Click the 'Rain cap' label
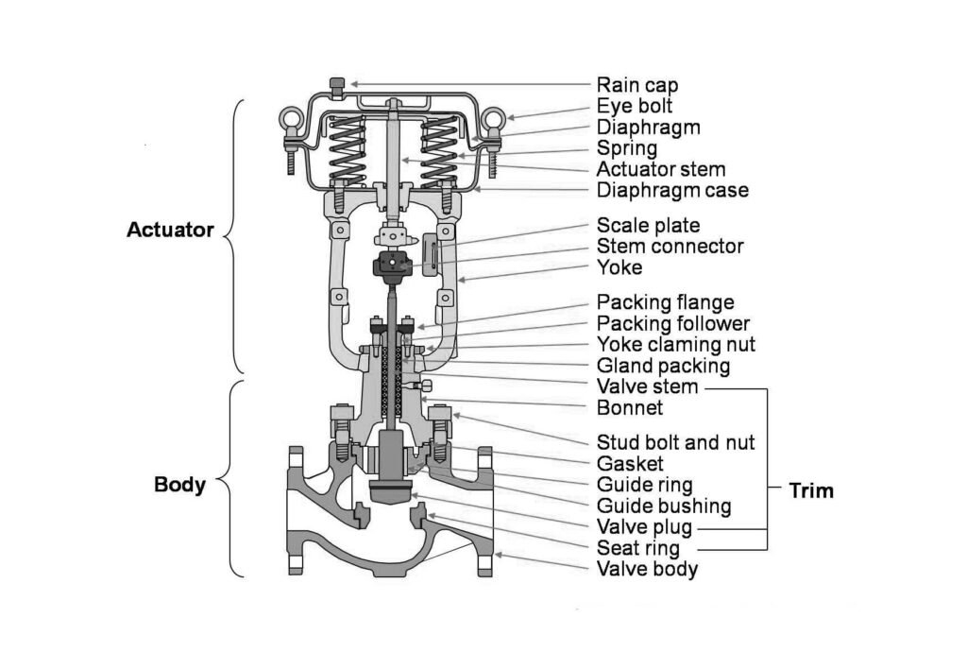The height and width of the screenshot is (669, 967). click(636, 85)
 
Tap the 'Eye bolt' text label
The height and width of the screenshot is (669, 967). click(634, 106)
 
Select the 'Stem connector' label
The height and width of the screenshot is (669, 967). click(670, 247)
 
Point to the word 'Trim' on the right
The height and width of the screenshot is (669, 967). click(811, 490)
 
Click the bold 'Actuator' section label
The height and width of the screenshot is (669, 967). click(170, 230)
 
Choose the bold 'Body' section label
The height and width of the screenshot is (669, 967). click(179, 485)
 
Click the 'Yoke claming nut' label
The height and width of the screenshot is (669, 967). click(675, 344)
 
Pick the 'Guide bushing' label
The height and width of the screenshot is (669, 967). click(663, 506)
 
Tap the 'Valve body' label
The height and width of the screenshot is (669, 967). click(647, 569)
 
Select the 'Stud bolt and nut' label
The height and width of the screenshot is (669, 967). click(675, 442)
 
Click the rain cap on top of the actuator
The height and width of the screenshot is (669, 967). click(336, 86)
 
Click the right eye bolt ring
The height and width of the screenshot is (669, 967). click(492, 121)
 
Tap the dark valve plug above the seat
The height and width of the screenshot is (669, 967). click(390, 490)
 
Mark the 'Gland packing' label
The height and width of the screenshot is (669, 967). click(663, 366)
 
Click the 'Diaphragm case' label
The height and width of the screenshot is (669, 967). click(672, 191)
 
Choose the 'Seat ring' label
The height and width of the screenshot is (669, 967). click(637, 548)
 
